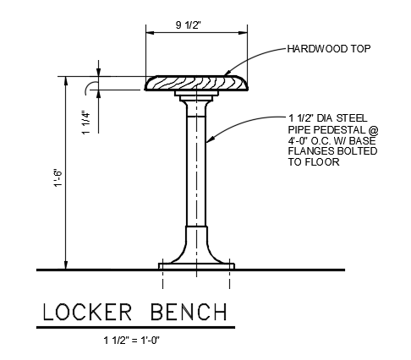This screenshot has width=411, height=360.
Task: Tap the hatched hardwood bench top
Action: coord(197,83)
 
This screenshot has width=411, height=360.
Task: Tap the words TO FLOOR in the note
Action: coord(314,162)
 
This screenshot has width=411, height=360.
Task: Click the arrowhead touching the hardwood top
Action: coord(226,76)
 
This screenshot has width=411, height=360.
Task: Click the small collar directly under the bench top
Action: coord(197,95)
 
